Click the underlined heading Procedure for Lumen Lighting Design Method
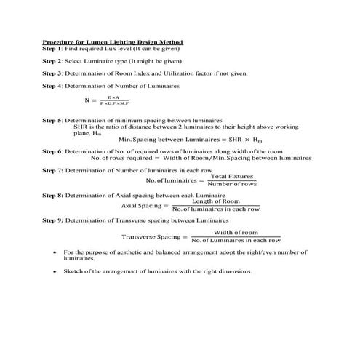(x=112, y=41)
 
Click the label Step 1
(x=52, y=48)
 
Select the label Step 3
(x=52, y=73)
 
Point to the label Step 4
(x=52, y=86)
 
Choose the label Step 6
(x=52, y=151)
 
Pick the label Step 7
(x=52, y=169)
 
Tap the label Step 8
(x=52, y=196)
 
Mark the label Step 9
(x=52, y=220)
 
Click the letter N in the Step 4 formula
(x=87, y=100)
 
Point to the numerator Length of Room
(x=215, y=201)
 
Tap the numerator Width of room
(x=236, y=232)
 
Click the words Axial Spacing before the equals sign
(x=141, y=206)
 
